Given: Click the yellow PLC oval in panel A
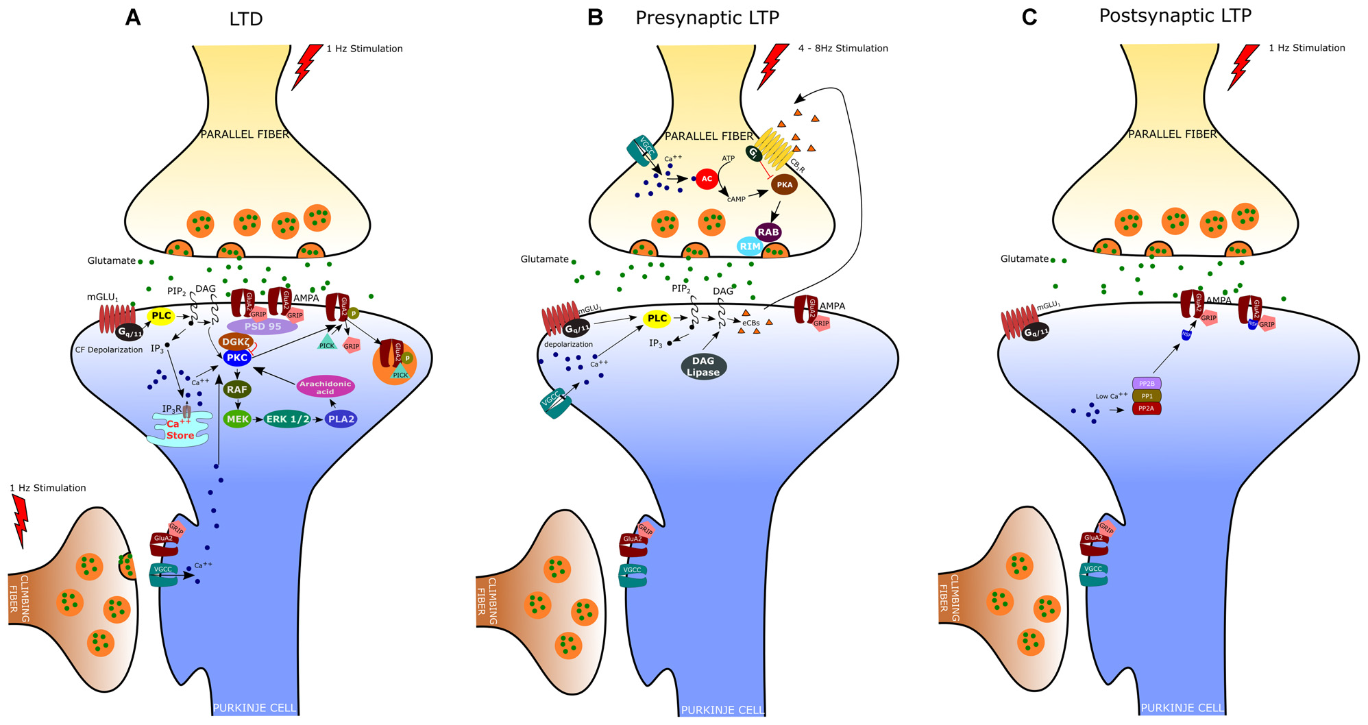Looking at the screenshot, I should (x=161, y=316).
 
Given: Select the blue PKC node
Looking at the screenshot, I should (x=237, y=357).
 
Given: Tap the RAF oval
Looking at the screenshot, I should (x=237, y=389).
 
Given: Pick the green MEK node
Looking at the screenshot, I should (x=238, y=419).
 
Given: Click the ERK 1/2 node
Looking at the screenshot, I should (x=287, y=419).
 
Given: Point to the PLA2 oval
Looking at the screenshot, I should (x=341, y=419).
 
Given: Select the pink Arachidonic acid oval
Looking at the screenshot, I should (x=326, y=387).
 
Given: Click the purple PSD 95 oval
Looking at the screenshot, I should (x=262, y=327).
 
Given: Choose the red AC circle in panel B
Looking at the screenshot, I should (x=707, y=179).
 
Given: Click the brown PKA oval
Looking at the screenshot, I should (x=784, y=185).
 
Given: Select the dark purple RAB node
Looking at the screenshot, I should (x=768, y=232).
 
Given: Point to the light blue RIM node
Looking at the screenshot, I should (x=750, y=247).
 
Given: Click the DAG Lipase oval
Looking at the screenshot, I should (x=703, y=367).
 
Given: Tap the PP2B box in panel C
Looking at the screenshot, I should (x=1147, y=384).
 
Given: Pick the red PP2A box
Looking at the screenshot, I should (x=1147, y=408).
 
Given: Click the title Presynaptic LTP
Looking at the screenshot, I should (x=707, y=17).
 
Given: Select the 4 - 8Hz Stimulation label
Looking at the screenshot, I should (x=843, y=49).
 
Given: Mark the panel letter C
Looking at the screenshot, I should (x=1029, y=17).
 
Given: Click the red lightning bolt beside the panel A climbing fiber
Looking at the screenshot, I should (x=21, y=521).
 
